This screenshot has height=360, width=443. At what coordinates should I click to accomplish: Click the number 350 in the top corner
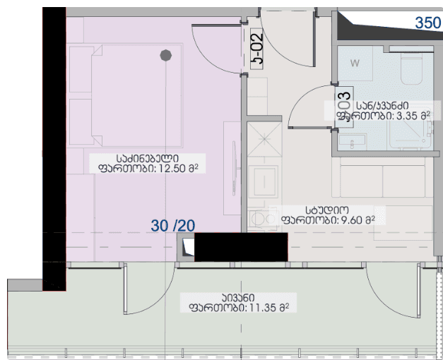427,22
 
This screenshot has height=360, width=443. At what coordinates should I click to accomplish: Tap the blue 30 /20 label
173,225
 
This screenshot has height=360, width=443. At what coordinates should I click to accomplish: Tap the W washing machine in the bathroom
355,64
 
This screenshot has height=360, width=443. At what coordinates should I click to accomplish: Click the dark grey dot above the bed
166,54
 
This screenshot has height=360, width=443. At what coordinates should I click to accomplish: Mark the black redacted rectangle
240,246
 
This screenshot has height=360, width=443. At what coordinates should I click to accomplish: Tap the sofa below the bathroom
382,180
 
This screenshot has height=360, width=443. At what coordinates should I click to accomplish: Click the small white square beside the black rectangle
188,247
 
